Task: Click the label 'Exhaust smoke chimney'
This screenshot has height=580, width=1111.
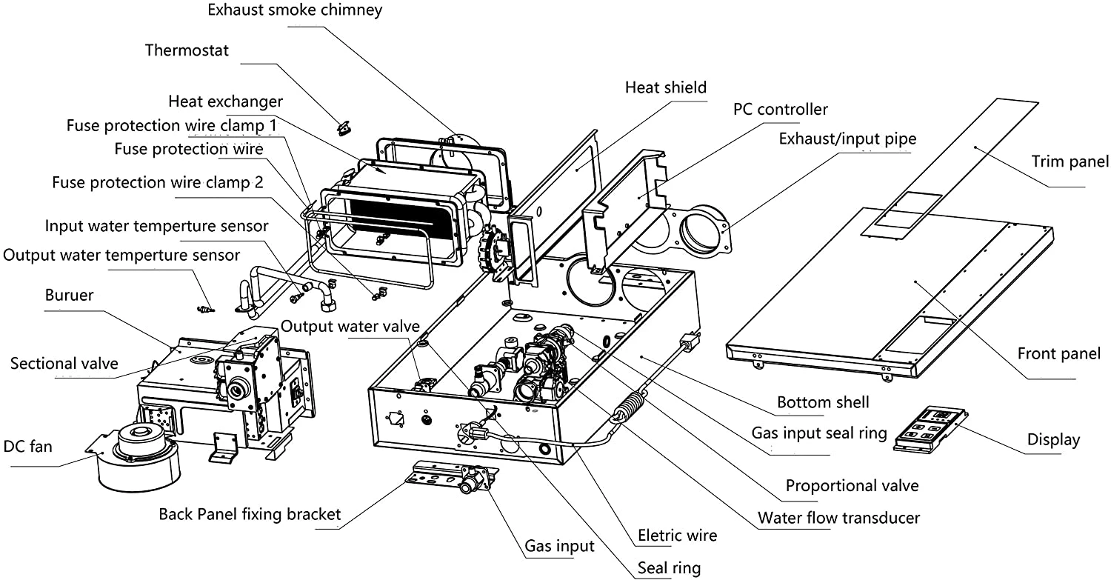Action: click(295, 10)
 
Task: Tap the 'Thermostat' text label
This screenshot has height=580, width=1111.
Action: click(187, 50)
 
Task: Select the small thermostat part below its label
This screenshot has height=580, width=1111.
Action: click(344, 130)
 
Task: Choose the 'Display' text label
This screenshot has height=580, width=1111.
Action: click(1053, 440)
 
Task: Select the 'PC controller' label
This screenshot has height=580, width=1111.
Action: click(781, 110)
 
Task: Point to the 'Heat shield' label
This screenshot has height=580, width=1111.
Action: click(666, 87)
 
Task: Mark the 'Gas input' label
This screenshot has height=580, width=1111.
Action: click(559, 547)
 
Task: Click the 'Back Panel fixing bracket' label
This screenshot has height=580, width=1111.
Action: click(250, 514)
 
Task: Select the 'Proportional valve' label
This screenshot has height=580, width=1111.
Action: click(852, 486)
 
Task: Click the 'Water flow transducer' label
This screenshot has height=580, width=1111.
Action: click(838, 517)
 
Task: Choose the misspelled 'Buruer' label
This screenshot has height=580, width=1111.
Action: click(69, 295)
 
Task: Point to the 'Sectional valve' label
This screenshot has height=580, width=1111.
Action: click(64, 363)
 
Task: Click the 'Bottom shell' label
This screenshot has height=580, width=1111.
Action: click(823, 403)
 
